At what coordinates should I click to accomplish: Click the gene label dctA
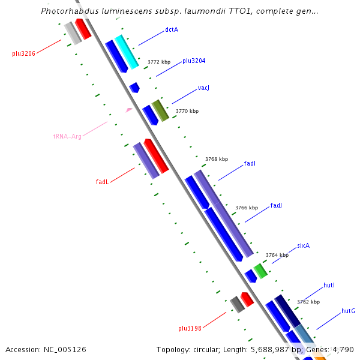tap(172, 29)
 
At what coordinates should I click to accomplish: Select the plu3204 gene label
tap(194, 61)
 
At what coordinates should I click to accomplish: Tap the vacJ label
tap(203, 88)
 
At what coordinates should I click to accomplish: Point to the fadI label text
tap(250, 163)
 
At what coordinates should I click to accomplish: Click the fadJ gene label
tap(276, 205)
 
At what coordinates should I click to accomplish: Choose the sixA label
tap(303, 246)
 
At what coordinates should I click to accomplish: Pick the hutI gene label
tap(329, 285)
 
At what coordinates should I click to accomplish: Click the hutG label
tap(348, 311)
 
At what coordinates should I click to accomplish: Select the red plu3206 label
tap(23, 53)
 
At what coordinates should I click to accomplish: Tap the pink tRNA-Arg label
tap(67, 136)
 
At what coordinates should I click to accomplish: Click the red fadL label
tap(102, 182)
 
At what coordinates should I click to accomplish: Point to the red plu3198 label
tap(190, 328)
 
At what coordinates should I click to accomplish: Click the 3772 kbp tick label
tap(159, 62)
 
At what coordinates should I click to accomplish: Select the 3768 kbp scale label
tap(216, 159)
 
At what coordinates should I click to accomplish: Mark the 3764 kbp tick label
tap(277, 255)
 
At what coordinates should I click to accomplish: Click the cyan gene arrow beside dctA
tap(127, 52)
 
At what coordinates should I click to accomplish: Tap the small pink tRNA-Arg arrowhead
tap(129, 110)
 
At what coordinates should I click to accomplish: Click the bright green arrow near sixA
tap(260, 271)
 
